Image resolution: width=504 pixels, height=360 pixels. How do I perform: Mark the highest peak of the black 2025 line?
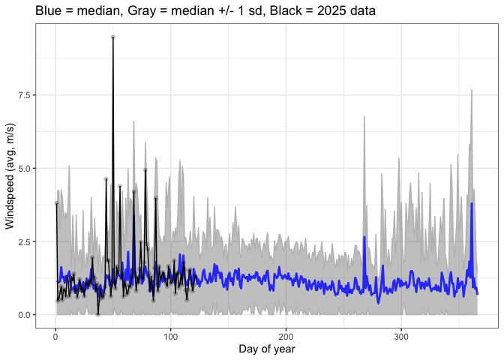pos(112,37)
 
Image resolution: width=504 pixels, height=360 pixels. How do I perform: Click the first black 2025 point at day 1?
pos(56,203)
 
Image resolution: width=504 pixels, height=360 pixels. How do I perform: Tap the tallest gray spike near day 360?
pos(471,90)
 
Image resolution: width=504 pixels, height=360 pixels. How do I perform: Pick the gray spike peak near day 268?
pos(364,117)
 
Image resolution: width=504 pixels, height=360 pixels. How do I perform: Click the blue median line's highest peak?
pos(472,203)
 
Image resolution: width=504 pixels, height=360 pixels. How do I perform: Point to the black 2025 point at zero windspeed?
pos(97,314)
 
